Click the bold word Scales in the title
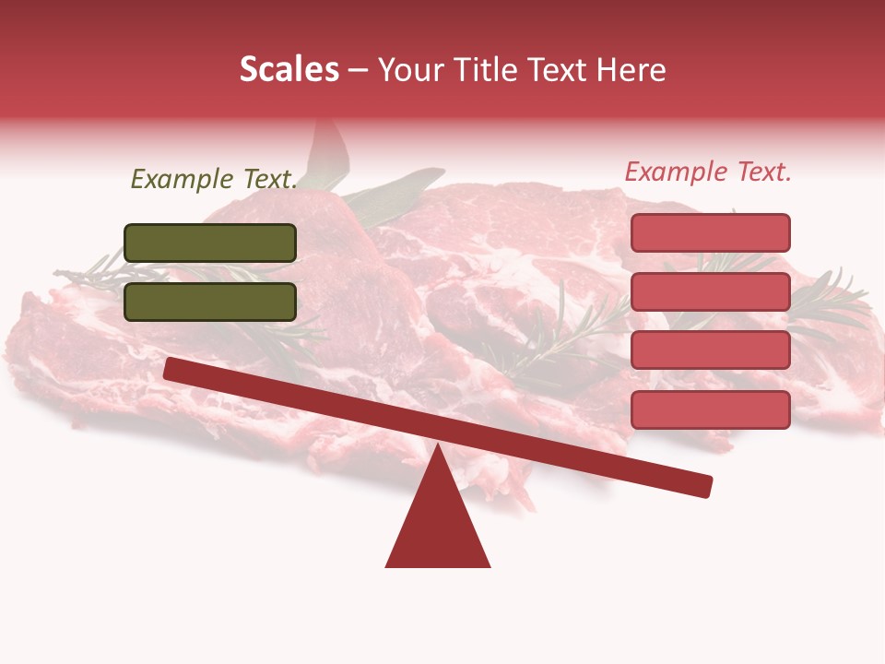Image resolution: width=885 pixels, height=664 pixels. point(289,70)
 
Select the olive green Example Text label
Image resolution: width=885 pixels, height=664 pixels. point(214,179)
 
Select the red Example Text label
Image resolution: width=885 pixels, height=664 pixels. point(708,172)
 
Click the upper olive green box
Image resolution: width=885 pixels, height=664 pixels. point(210,243)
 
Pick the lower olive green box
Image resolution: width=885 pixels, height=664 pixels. point(210,302)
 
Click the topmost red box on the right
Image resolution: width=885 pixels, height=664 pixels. point(710,232)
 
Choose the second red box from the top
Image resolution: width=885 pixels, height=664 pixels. point(710,291)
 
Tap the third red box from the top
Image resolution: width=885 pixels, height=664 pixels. point(710,350)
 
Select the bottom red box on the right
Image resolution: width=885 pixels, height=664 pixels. point(710,409)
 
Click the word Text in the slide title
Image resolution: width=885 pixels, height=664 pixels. point(554,70)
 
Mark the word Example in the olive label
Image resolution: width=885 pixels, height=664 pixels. point(181,179)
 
